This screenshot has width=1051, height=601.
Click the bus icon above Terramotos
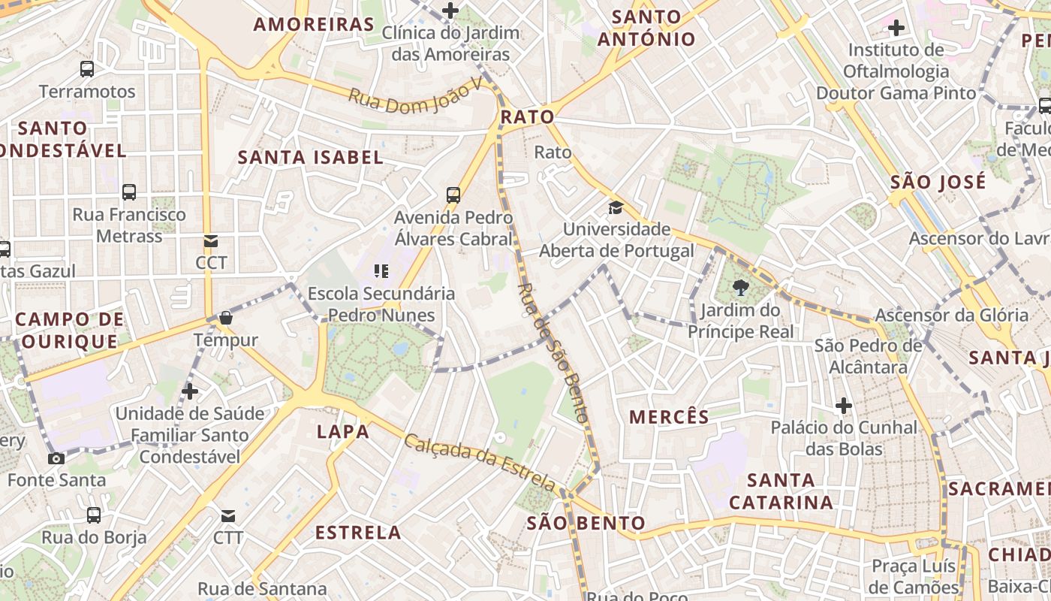coord(87,69)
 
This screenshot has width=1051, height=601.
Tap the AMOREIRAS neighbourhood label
coord(314,24)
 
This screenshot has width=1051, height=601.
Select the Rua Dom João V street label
coord(415,98)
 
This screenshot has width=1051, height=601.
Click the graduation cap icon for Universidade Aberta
coord(616,207)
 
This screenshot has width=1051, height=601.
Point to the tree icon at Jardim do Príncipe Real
coord(740,287)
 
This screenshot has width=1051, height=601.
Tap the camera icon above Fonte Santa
coord(56,458)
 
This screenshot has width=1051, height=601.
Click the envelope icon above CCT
coord(211,241)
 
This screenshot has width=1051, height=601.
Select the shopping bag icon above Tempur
coord(225,318)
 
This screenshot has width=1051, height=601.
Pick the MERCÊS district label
coord(669,417)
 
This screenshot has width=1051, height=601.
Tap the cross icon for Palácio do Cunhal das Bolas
coord(844,406)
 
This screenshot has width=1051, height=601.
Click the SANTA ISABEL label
coord(310,157)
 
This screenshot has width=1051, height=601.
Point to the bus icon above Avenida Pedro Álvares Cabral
coord(453,195)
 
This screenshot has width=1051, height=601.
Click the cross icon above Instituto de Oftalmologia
coord(896,29)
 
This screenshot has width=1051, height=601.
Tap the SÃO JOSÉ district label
coord(938,182)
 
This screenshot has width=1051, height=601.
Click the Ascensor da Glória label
coord(951,315)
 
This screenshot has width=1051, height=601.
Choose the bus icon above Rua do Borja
coord(94,515)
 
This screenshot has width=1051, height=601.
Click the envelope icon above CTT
coord(228,516)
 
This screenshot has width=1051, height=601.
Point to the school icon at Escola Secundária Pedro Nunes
coord(381,270)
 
